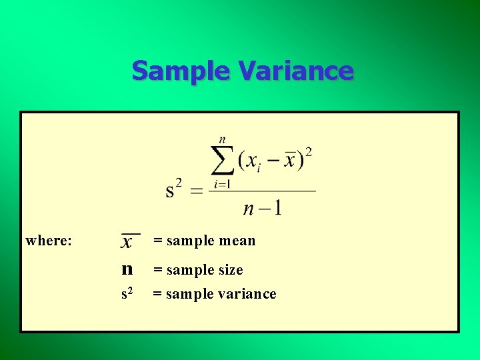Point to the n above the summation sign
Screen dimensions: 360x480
(223, 140)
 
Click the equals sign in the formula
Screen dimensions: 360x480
(197, 192)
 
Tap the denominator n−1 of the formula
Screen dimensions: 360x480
(262, 208)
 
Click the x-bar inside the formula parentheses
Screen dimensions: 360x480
(289, 161)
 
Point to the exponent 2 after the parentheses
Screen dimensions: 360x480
(309, 153)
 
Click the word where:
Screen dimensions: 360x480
(49, 241)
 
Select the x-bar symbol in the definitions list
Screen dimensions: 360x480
(127, 242)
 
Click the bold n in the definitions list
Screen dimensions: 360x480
(127, 269)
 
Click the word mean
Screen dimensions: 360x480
(239, 241)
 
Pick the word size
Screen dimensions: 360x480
(229, 270)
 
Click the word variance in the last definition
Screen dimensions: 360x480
(247, 294)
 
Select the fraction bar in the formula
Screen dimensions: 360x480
(262, 191)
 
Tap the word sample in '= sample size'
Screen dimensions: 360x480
(188, 270)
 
